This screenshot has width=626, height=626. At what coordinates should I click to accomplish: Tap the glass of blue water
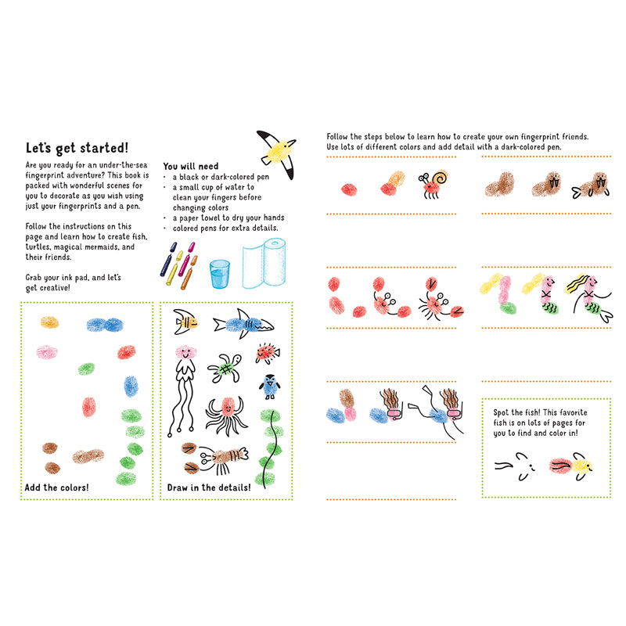coord(219,273)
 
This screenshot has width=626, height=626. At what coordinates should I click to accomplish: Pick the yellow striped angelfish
coord(184,321)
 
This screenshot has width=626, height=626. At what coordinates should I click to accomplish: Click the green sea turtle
coord(228,366)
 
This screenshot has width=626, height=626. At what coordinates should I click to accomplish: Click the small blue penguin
coord(269,386)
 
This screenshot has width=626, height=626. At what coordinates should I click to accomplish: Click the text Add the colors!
coord(56,487)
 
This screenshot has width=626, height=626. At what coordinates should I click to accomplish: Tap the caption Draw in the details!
coord(209,487)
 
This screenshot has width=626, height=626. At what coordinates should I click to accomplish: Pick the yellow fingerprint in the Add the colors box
coord(49,322)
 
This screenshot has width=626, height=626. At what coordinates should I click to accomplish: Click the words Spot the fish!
coord(518,412)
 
